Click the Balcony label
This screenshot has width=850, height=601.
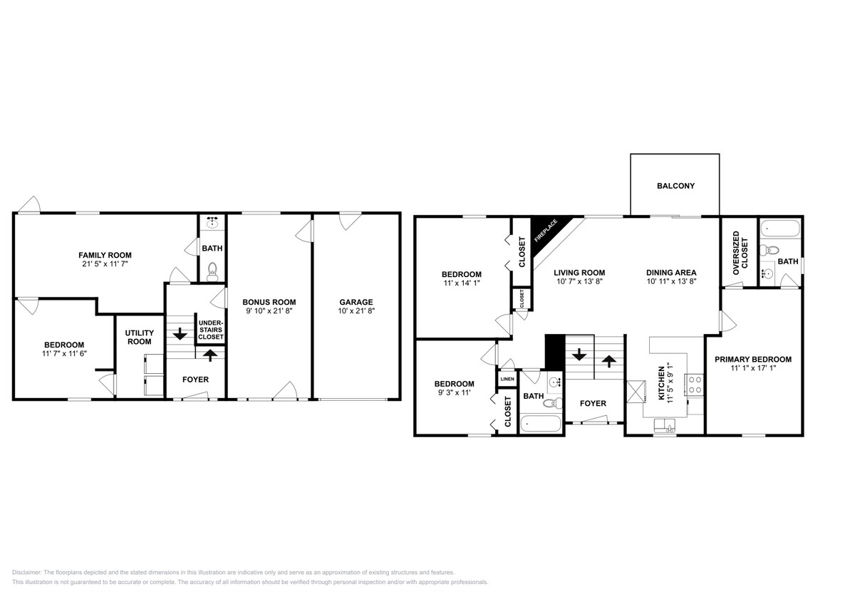675,186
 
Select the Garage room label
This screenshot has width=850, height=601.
356,303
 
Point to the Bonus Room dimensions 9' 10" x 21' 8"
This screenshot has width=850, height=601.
269,311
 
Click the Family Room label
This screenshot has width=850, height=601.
105,255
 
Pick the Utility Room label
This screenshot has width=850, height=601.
140,337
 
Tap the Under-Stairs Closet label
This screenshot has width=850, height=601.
210,330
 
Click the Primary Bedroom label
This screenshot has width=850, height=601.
753,360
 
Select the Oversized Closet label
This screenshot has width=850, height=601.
740,253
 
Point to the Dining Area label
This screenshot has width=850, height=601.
671,273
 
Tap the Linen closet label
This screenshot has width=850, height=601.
507,379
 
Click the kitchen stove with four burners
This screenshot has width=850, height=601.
695,385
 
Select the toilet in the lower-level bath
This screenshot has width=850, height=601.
212,269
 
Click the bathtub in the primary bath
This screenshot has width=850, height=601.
779,229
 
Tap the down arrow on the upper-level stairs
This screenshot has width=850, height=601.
579,355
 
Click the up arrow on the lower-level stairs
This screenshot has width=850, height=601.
209,355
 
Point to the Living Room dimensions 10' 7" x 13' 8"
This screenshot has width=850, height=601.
579,282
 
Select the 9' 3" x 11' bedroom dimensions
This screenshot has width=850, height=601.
454,393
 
